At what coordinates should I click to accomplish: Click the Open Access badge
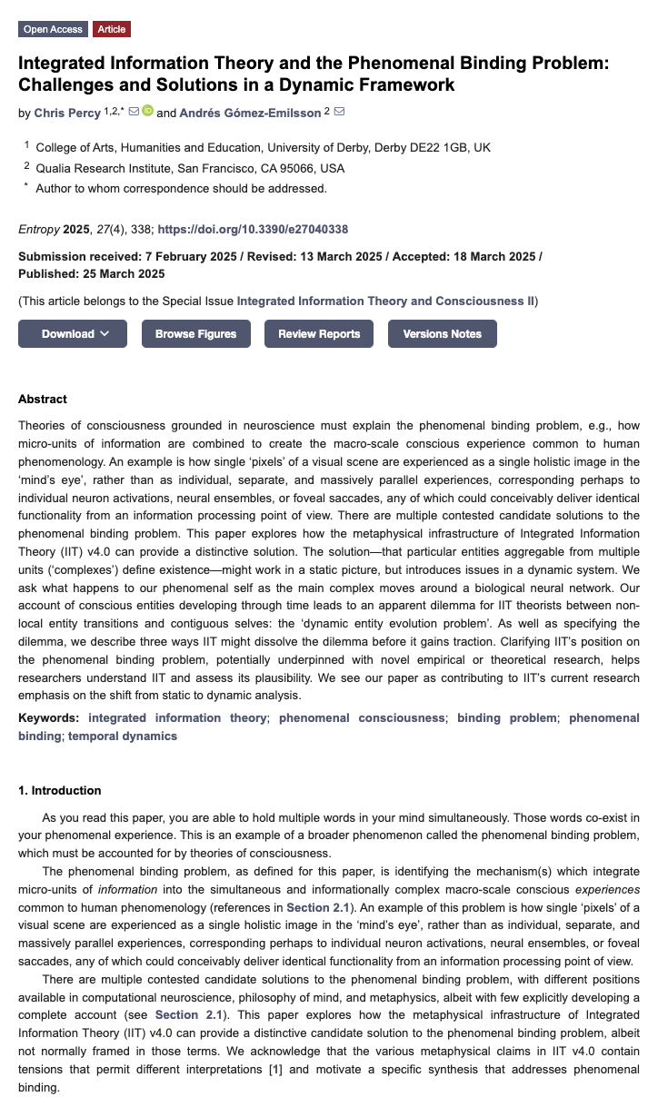pyautogui.click(x=53, y=29)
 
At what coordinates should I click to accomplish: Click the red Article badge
pyautogui.click(x=112, y=29)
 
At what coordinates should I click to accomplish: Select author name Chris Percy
pyautogui.click(x=67, y=113)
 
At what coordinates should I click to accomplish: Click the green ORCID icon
pyautogui.click(x=147, y=112)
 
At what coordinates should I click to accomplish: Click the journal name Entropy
pyautogui.click(x=38, y=230)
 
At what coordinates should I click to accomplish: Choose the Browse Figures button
pyautogui.click(x=195, y=333)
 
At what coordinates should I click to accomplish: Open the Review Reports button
pyautogui.click(x=319, y=333)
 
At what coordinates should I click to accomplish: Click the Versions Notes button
pyautogui.click(x=442, y=333)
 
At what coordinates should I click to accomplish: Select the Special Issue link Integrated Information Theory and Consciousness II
pyautogui.click(x=385, y=301)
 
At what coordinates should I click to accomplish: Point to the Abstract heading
pyautogui.click(x=43, y=399)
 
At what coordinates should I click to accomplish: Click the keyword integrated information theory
pyautogui.click(x=177, y=717)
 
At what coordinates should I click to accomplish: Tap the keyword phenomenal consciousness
pyautogui.click(x=362, y=717)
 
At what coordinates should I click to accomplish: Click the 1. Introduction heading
pyautogui.click(x=59, y=790)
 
